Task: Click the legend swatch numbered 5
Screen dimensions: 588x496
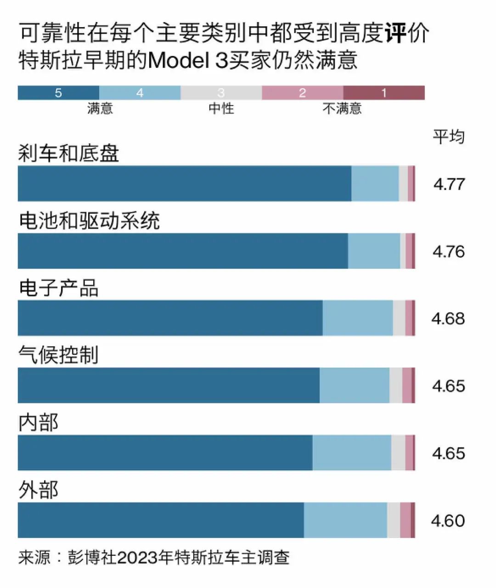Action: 58,93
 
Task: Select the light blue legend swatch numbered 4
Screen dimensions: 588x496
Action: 140,93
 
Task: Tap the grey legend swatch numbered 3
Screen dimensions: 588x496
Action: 221,93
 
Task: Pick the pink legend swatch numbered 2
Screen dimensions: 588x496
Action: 302,93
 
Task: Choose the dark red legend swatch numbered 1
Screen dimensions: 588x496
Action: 383,93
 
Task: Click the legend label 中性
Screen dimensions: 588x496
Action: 221,108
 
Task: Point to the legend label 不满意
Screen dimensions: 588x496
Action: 342,108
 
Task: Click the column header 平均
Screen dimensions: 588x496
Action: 449,136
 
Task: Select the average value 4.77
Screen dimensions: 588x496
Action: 449,184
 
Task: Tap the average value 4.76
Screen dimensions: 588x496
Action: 449,251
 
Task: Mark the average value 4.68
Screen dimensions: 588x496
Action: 448,318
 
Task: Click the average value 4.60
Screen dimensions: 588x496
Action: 448,520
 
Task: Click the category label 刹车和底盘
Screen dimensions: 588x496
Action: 69,153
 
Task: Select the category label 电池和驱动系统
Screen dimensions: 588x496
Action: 89,221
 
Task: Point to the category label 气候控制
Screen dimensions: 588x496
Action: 58,355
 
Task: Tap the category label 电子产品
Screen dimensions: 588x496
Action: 58,288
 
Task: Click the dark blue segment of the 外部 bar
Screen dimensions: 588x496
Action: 161,520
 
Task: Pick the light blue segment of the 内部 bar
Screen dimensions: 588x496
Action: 352,453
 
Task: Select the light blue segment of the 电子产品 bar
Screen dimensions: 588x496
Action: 358,318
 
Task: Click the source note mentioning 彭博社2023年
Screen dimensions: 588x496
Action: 154,557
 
